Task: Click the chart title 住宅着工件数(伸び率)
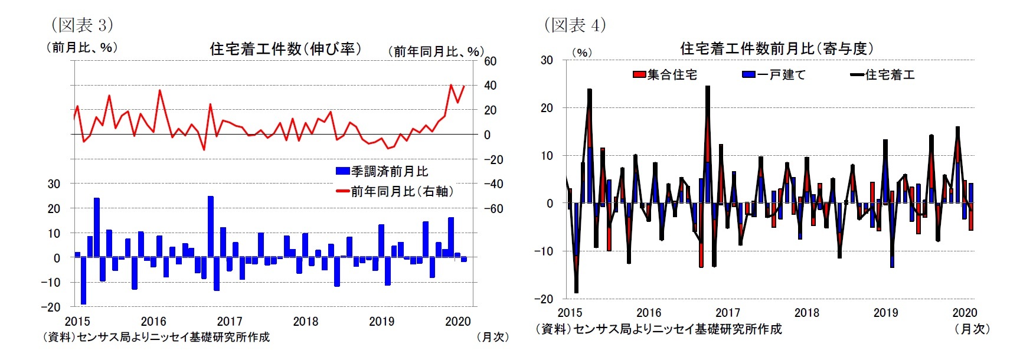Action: tap(286, 49)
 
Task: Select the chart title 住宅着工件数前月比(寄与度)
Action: tap(777, 48)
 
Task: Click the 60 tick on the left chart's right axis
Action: tap(490, 61)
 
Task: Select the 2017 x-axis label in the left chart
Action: tap(230, 321)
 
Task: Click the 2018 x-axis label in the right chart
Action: tap(806, 313)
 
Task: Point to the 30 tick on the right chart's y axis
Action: tap(547, 60)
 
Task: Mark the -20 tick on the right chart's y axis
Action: tap(544, 299)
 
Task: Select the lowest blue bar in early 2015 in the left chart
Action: tap(84, 282)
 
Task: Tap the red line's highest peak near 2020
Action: tap(452, 85)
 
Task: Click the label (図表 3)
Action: tap(82, 25)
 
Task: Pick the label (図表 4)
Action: tap(575, 25)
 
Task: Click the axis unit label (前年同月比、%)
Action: tap(436, 52)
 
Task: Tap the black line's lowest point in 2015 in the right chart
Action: tap(576, 292)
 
